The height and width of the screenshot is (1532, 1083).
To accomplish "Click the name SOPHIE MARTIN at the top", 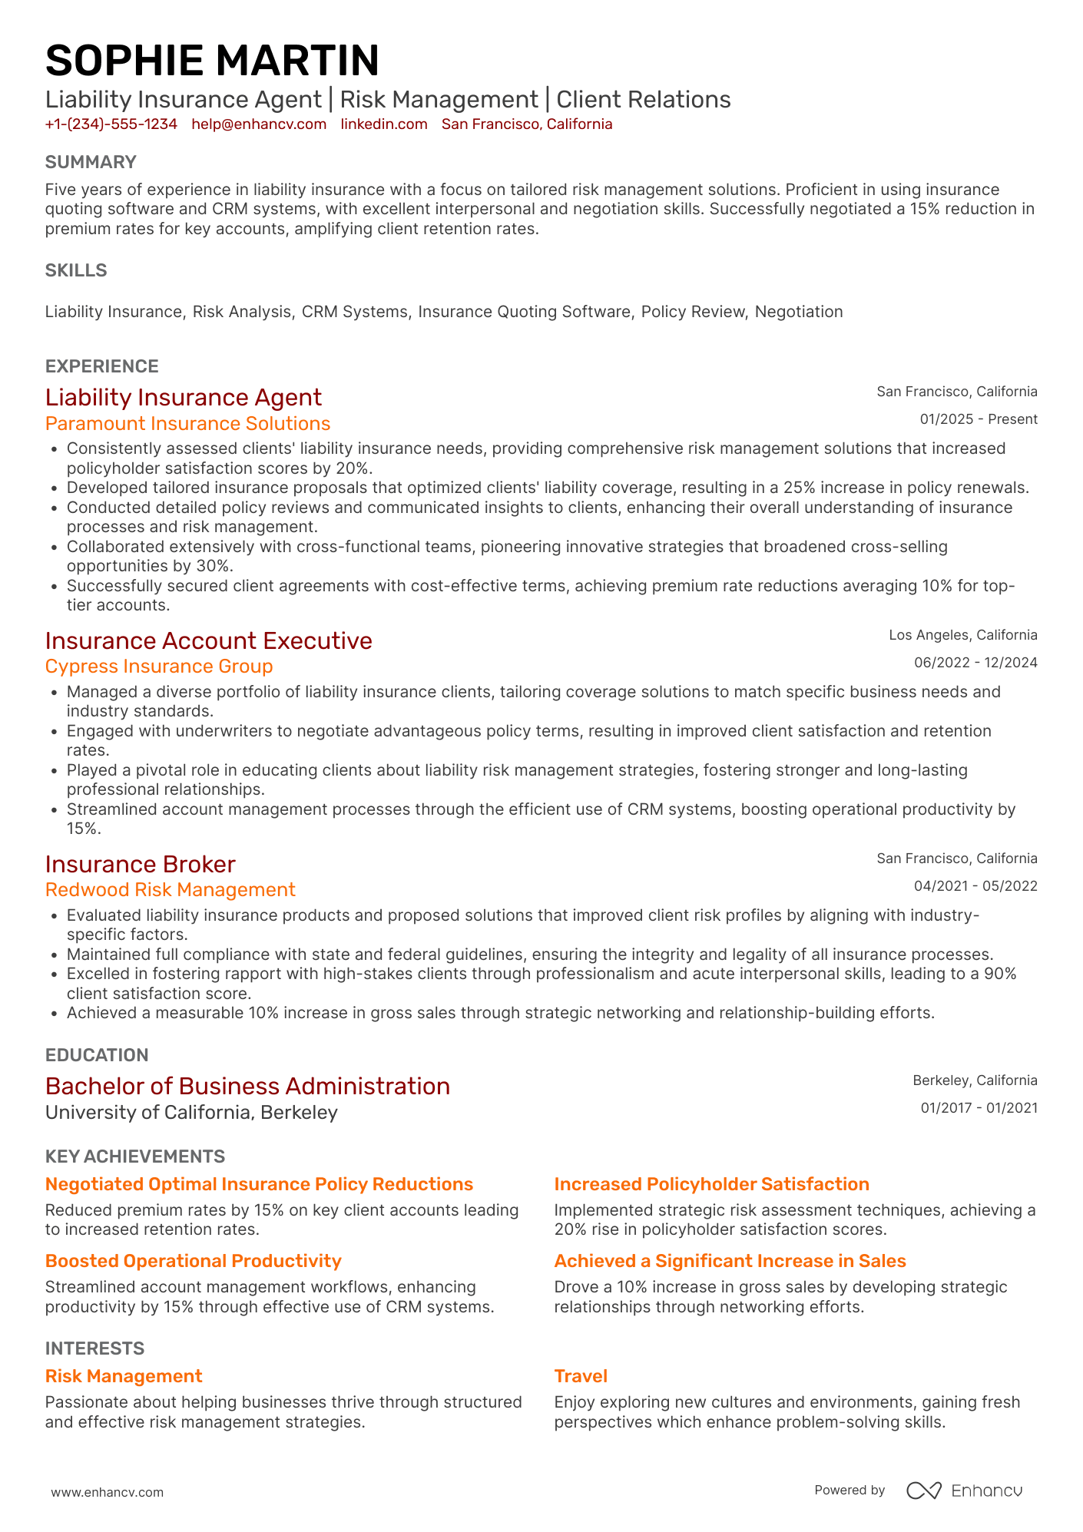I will click(x=212, y=61).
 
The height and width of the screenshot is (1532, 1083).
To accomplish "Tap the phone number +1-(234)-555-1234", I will click(x=111, y=124).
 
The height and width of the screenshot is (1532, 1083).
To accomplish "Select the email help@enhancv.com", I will click(x=259, y=124).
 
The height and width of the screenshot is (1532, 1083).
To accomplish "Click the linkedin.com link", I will click(x=384, y=124).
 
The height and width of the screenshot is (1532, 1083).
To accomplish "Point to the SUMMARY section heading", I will click(x=91, y=162).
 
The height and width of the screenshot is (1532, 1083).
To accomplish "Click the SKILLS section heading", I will click(x=76, y=270).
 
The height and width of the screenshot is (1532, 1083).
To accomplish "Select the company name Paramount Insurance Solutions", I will click(x=187, y=424).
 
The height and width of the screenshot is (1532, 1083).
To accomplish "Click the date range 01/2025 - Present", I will click(x=978, y=419).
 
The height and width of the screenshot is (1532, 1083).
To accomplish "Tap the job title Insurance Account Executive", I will click(x=208, y=640).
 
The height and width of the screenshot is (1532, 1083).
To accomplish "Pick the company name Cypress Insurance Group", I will click(x=159, y=667).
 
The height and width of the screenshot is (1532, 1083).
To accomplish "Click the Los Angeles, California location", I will click(x=962, y=635).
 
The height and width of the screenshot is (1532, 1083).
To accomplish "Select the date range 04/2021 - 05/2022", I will click(x=975, y=886).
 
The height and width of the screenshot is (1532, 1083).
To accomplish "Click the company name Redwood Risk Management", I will click(x=170, y=890).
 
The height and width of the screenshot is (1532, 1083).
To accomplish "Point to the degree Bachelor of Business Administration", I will click(x=247, y=1086).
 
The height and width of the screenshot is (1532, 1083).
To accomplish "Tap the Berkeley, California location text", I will click(x=974, y=1080).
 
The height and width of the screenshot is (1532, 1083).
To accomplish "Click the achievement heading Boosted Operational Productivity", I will click(x=193, y=1261).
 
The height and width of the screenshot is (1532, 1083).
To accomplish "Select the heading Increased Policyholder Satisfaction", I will click(x=711, y=1184).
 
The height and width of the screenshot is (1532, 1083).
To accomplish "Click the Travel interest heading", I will click(x=581, y=1376).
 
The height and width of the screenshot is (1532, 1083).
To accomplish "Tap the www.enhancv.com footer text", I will click(x=108, y=1492).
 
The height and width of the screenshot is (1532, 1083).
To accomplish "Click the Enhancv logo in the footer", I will click(x=964, y=1491).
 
